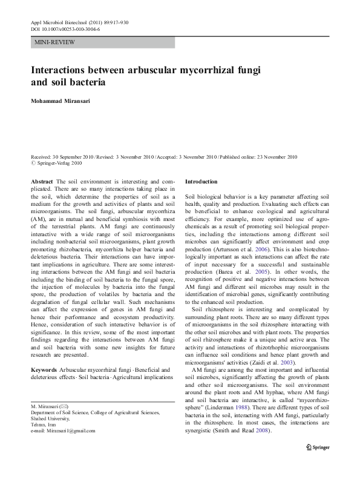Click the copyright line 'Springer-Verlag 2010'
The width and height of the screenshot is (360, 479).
[59, 163]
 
